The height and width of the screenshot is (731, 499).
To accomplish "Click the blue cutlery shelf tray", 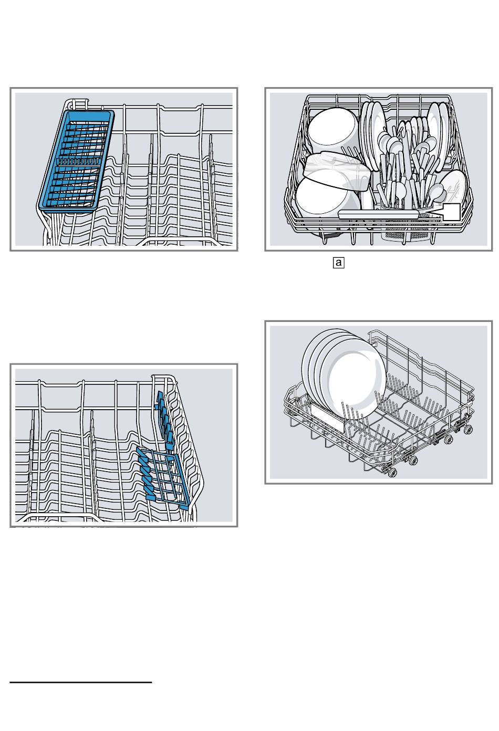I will pyautogui.click(x=76, y=160).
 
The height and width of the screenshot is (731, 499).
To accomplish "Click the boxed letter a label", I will pyautogui.click(x=338, y=262).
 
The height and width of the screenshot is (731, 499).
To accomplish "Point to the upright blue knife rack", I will pyautogui.click(x=164, y=415).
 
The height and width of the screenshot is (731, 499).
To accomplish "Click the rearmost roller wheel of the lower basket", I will pyautogui.click(x=466, y=430).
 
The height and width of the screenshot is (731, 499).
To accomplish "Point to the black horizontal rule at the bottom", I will pyautogui.click(x=81, y=683).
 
